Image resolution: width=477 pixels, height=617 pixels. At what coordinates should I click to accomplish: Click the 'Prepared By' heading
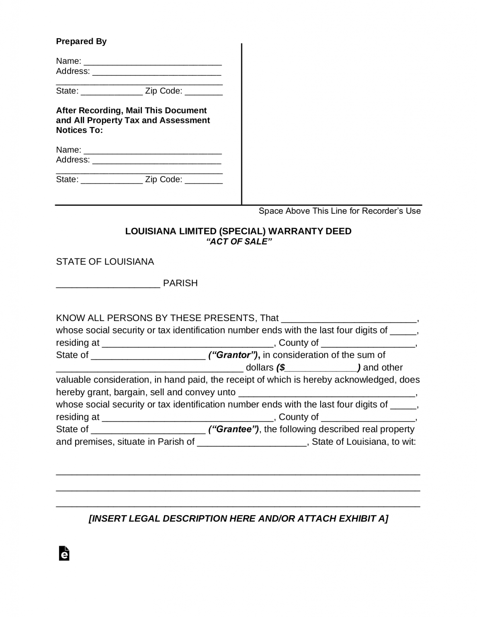tap(81, 41)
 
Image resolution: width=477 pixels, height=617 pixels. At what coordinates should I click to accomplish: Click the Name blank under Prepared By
tap(153, 62)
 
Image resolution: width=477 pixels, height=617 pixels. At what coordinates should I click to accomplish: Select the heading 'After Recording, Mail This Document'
tap(131, 110)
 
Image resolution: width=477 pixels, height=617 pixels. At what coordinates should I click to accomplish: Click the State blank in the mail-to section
tap(112, 180)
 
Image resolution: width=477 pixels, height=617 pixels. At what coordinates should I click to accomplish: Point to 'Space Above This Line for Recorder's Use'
tap(340, 211)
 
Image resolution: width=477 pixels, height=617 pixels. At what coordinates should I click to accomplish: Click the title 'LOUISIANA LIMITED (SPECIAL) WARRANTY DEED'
tap(238, 231)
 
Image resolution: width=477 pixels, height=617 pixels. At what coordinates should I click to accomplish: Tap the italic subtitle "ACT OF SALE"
tap(239, 241)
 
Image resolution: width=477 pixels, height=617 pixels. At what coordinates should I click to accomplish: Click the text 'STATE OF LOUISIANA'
tap(105, 262)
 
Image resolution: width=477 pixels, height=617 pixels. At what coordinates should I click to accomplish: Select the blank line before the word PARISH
tap(108, 284)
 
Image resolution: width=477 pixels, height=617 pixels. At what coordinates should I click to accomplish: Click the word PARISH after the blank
tap(180, 283)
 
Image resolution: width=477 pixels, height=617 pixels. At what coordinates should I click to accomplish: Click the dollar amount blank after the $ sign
tap(321, 368)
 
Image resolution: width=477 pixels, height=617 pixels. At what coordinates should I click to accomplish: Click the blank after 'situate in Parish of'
tap(252, 443)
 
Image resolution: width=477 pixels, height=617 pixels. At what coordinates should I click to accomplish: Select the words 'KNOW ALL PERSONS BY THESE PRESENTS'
tap(155, 318)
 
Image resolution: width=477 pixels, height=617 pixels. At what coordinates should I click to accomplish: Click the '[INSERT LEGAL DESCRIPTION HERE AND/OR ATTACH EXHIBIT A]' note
tap(238, 519)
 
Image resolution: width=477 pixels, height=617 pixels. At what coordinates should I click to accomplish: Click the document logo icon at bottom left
tap(64, 553)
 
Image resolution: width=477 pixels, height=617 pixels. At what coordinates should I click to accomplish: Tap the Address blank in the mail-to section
tap(157, 161)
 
